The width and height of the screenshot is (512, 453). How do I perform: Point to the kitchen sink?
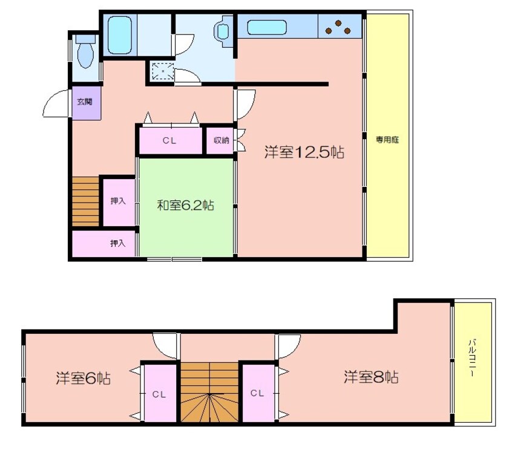pyautogui.click(x=266, y=27)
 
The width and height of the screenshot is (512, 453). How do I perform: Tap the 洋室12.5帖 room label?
pyautogui.click(x=304, y=152)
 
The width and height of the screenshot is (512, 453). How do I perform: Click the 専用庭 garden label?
pyautogui.click(x=387, y=140)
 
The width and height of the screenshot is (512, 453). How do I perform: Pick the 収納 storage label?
pyautogui.click(x=221, y=140)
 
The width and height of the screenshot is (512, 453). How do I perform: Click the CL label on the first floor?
pyautogui.click(x=169, y=141)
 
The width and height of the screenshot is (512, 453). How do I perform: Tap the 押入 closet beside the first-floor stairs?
pyautogui.click(x=118, y=201)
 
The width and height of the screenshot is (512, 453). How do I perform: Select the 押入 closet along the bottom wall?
pyautogui.click(x=118, y=243)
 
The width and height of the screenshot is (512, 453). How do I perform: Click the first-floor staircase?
pyautogui.click(x=85, y=201)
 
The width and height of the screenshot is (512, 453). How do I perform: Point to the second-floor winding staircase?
pyautogui.click(x=209, y=393)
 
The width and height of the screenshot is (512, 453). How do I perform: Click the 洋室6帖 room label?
pyautogui.click(x=83, y=379)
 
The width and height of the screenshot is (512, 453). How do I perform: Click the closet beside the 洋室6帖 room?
pyautogui.click(x=159, y=394)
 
